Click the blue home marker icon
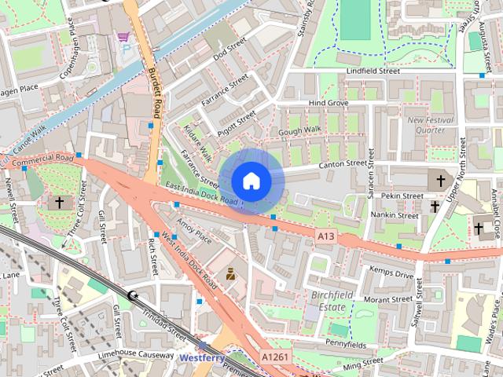coord(251,181)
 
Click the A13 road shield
coord(328,236)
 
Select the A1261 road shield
coord(275,357)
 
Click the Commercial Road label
coord(44,159)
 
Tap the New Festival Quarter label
coord(428,125)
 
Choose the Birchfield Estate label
coord(333,301)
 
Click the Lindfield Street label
coord(373,71)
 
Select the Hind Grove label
coord(328,103)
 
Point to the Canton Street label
coord(343,164)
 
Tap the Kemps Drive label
coord(391,275)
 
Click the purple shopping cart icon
coord(123,36)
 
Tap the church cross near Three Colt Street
coord(59,202)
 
